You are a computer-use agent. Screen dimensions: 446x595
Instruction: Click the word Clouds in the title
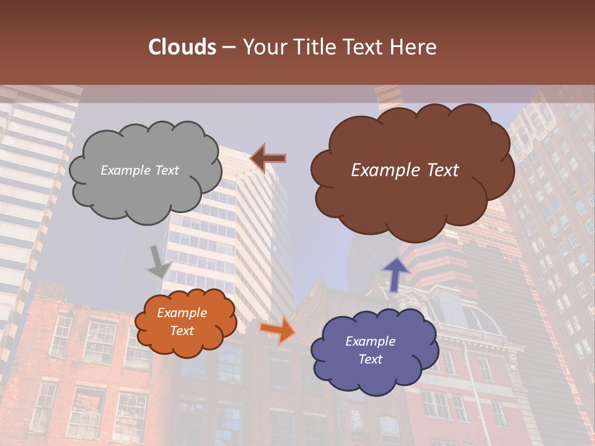182,47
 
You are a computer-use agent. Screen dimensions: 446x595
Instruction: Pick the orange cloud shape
185,322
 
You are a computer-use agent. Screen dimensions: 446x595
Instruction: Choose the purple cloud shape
371,351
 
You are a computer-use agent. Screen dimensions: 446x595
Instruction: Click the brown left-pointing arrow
268,159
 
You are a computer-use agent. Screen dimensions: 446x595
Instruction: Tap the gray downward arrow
159,261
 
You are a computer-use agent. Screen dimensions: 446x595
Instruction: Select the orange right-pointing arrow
277,329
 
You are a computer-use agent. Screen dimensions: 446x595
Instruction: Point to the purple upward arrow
395,274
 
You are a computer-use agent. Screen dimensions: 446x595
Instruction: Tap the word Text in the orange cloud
182,331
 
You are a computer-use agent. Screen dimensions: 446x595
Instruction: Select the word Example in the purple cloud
370,341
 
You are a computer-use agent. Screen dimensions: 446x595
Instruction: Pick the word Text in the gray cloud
167,170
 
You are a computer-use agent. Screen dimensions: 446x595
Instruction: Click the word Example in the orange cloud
182,313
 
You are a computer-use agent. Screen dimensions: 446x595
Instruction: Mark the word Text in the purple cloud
370,359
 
